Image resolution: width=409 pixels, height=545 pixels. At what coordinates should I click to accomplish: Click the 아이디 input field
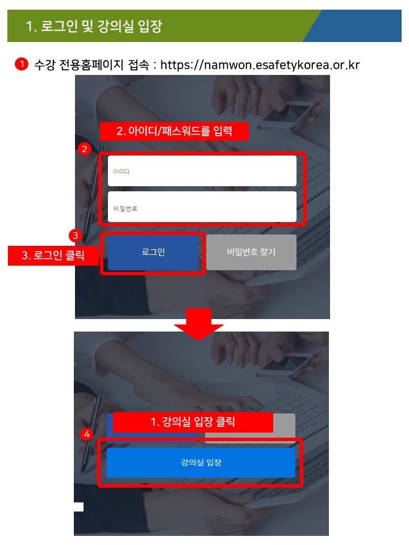pyautogui.click(x=202, y=171)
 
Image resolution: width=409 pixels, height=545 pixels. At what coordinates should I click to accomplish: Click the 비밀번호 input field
pyautogui.click(x=202, y=207)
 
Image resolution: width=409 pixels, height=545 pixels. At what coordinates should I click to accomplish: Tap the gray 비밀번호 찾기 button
pyautogui.click(x=251, y=252)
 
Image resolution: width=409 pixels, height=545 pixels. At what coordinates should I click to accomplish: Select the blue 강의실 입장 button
pyautogui.click(x=201, y=463)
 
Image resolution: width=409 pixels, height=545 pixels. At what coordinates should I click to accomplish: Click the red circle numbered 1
pyautogui.click(x=22, y=64)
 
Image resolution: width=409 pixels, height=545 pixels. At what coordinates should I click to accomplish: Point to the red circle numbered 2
pyautogui.click(x=84, y=149)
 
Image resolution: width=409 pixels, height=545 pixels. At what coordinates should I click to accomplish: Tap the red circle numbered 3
pyautogui.click(x=76, y=236)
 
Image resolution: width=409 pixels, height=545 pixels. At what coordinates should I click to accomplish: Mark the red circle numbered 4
pyautogui.click(x=86, y=434)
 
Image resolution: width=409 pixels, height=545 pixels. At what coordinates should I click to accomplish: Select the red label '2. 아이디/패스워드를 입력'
pyautogui.click(x=174, y=131)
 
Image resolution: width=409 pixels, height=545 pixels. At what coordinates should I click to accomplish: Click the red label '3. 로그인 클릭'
pyautogui.click(x=53, y=255)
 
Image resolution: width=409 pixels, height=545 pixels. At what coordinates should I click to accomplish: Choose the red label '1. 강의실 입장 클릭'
pyautogui.click(x=193, y=422)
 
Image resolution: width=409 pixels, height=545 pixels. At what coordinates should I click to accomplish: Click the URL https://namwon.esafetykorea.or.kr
pyautogui.click(x=260, y=65)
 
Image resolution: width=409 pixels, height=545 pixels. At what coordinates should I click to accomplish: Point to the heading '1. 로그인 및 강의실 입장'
pyautogui.click(x=94, y=26)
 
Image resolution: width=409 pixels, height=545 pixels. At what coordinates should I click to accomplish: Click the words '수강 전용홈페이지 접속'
pyautogui.click(x=91, y=65)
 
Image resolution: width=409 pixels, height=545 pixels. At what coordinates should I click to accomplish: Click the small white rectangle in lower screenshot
pyautogui.click(x=78, y=507)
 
